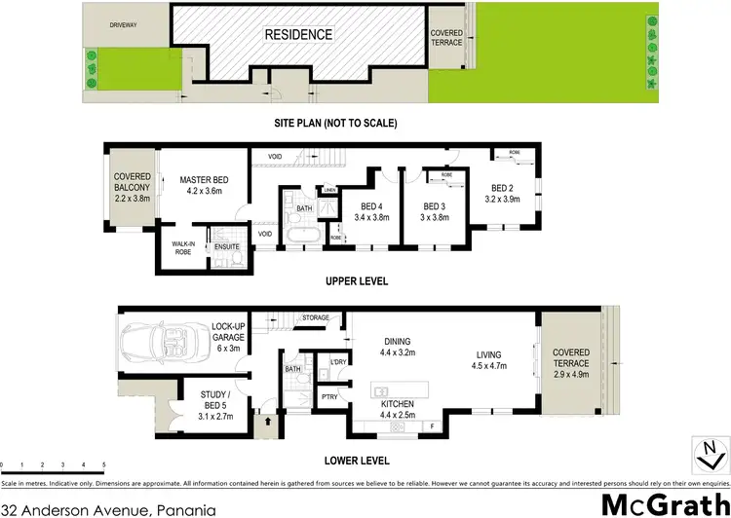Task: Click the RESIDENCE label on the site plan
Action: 299,34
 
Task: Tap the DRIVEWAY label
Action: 122,23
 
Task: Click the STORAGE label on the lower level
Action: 315,317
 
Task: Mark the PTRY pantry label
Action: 328,397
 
